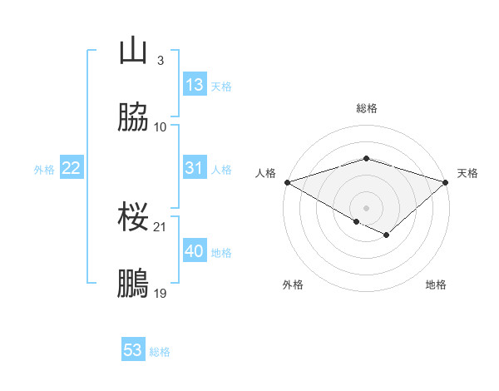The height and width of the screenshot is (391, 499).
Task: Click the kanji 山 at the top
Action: pyautogui.click(x=133, y=52)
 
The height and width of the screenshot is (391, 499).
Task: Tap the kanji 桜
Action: pyautogui.click(x=133, y=218)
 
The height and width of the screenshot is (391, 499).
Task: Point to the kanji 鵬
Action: pyautogui.click(x=133, y=284)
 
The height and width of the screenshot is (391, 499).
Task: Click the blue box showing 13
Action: pyautogui.click(x=195, y=85)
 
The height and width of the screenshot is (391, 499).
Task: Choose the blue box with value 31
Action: pyautogui.click(x=195, y=169)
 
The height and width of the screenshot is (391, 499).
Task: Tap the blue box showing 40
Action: pyautogui.click(x=195, y=252)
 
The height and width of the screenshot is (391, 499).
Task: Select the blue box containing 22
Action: pyautogui.click(x=72, y=169)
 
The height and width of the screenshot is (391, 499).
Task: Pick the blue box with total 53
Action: pyautogui.click(x=133, y=350)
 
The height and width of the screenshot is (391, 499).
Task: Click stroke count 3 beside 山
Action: pyautogui.click(x=160, y=61)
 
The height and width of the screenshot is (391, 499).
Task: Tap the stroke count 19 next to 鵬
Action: pyautogui.click(x=161, y=293)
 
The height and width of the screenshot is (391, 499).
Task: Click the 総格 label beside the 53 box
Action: pyautogui.click(x=160, y=352)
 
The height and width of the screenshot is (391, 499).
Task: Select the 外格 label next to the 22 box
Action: pyautogui.click(x=44, y=170)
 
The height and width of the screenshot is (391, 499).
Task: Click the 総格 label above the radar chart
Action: pyautogui.click(x=367, y=108)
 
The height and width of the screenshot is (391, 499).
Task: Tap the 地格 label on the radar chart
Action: pyautogui.click(x=436, y=285)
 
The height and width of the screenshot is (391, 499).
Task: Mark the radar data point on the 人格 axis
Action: pyautogui.click(x=286, y=182)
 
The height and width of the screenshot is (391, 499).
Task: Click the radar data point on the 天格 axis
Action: pyautogui.click(x=447, y=182)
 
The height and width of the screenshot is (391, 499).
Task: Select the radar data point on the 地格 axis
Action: pyautogui.click(x=387, y=235)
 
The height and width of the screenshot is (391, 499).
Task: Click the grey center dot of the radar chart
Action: pyautogui.click(x=367, y=207)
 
